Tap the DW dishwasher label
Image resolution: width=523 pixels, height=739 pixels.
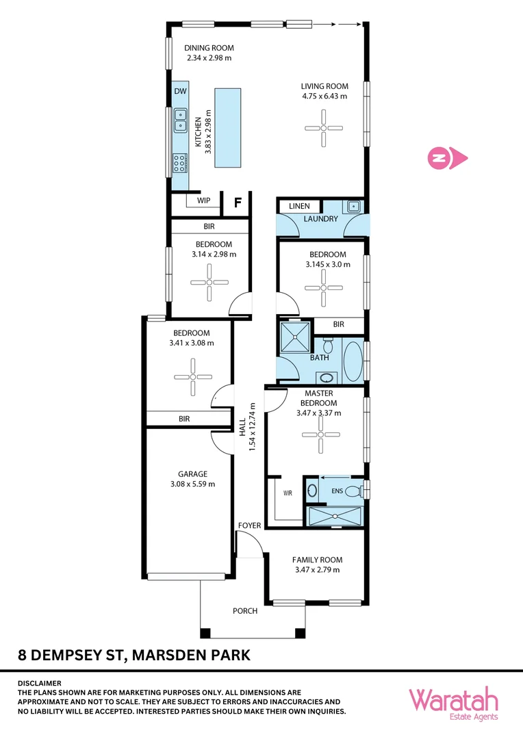coord(180,91)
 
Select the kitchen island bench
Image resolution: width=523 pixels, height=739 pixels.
coord(227,127)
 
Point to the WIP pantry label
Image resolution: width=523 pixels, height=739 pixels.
coord(203,201)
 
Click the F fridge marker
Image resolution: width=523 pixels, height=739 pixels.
coord(238,203)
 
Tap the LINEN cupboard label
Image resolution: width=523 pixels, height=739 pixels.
coord(299,206)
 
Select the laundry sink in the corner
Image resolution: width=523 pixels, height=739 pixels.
coord(353,205)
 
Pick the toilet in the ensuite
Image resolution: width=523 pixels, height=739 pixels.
coord(353,490)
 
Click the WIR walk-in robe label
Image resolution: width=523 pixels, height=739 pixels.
coord(288,493)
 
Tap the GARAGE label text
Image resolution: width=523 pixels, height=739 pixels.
coord(192,474)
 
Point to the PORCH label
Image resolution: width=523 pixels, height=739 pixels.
coord(245,611)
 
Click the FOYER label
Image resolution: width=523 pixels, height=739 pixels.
coord(249,526)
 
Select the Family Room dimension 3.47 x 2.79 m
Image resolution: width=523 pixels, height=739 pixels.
coord(317,569)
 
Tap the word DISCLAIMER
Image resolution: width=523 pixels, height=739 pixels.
coord(39,683)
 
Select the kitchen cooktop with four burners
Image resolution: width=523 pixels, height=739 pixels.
coord(180,162)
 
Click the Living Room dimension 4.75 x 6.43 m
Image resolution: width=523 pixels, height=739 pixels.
coord(324,96)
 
